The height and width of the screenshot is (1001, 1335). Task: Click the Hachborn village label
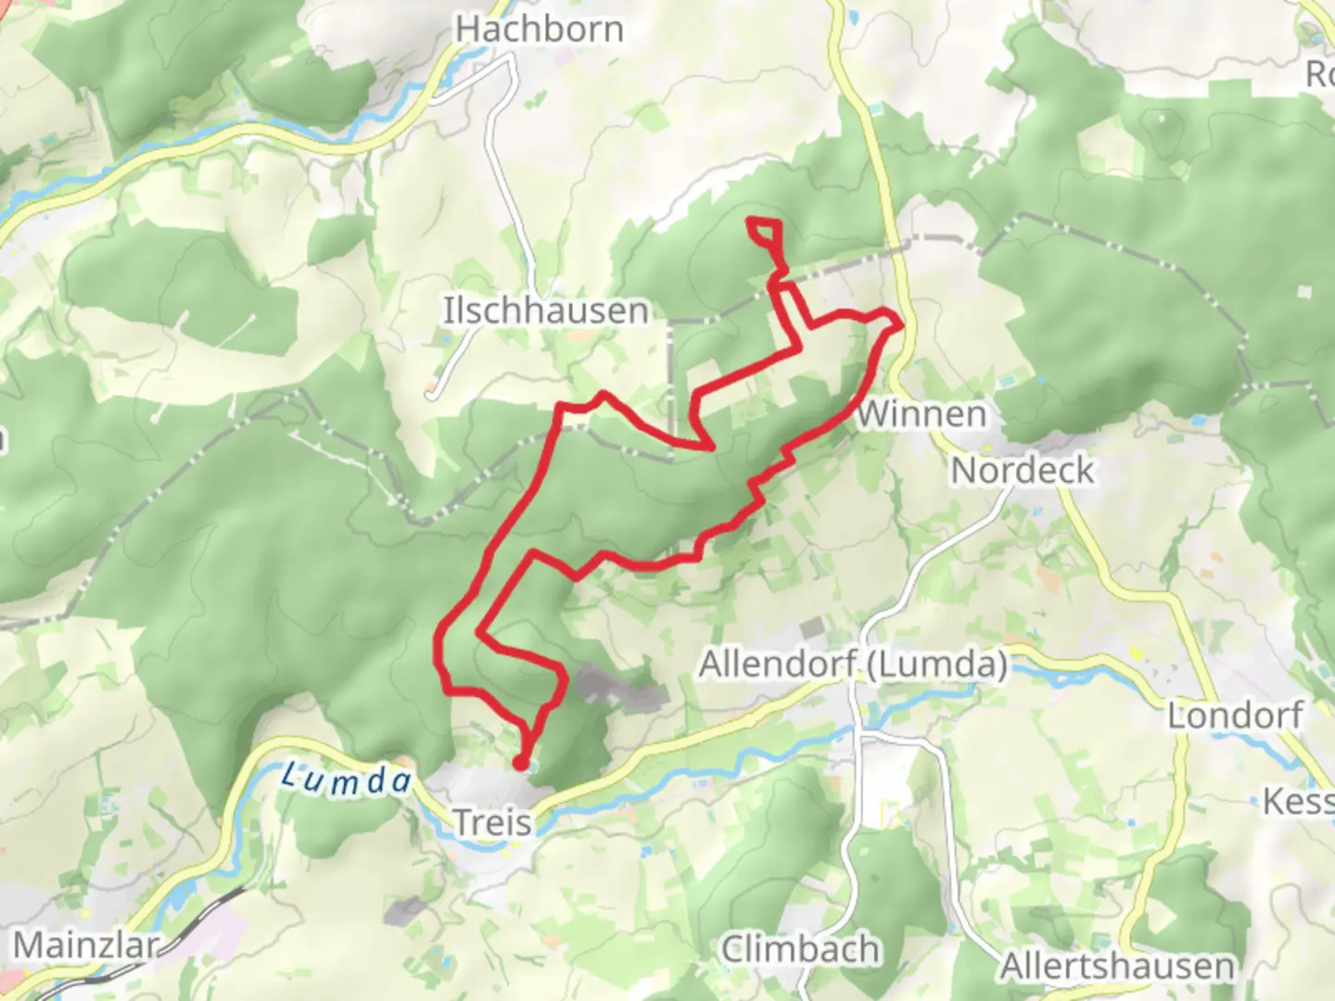[539, 29]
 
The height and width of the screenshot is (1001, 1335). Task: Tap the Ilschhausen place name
[545, 310]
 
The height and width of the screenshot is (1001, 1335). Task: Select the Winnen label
[921, 414]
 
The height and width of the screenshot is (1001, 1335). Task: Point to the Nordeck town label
[1023, 471]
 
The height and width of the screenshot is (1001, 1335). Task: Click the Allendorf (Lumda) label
[853, 665]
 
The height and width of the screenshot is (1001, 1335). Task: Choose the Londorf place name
[1235, 716]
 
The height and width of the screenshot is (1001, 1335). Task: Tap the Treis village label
[492, 822]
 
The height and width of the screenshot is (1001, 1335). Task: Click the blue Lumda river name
[345, 779]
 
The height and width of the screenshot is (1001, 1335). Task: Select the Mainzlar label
[85, 946]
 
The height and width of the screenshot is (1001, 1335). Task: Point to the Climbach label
[800, 950]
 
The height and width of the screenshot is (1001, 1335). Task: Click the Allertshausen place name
[1117, 967]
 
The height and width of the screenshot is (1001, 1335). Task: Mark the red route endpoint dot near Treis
[521, 763]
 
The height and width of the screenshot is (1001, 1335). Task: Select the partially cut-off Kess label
[1299, 801]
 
